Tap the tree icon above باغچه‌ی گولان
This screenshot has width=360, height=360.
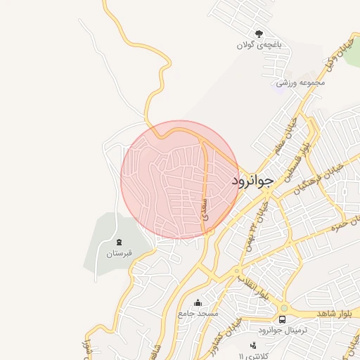[259, 33]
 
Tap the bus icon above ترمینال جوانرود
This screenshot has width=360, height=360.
[282, 320]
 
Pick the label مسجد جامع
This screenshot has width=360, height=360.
[198, 313]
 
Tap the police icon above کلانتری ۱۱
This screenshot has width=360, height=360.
[253, 345]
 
